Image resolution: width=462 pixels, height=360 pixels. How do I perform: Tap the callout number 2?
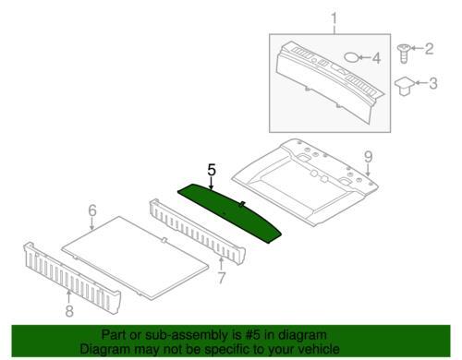click(x=429, y=49)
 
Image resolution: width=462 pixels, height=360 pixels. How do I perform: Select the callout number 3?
click(x=433, y=83)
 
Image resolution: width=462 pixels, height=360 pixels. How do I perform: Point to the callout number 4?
click(x=376, y=58)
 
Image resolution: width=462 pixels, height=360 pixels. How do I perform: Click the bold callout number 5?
click(x=212, y=170)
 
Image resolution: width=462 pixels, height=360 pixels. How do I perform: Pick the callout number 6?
click(x=92, y=210)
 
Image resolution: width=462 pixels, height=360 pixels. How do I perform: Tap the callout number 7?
click(x=221, y=278)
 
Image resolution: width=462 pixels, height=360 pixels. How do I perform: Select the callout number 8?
click(x=69, y=311)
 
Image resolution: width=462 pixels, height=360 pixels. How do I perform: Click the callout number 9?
click(x=369, y=157)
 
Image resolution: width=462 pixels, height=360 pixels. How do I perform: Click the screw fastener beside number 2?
click(x=404, y=54)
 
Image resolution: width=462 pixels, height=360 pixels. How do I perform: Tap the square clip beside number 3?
click(x=405, y=86)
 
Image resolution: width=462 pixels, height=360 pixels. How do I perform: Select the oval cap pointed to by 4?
click(x=351, y=57)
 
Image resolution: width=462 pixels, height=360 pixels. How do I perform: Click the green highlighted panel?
click(x=229, y=212)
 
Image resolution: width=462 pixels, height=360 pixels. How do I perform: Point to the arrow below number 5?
click(x=212, y=184)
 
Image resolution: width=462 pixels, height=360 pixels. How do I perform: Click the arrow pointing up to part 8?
click(x=69, y=297)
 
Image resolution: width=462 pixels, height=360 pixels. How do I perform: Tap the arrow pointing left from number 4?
click(x=365, y=57)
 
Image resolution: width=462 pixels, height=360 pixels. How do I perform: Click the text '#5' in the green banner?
click(x=254, y=335)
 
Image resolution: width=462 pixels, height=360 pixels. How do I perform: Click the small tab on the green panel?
click(x=242, y=204)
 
